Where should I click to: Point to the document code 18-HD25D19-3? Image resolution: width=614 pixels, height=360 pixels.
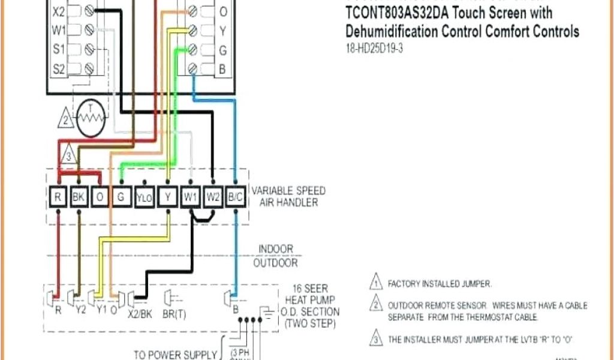374,49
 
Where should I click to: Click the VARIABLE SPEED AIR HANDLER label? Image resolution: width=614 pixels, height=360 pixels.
288,196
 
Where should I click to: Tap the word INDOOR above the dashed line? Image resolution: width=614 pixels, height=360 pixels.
276,248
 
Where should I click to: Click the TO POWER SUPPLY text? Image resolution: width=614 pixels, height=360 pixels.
174,355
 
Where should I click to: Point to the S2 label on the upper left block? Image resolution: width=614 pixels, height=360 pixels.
58,68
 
